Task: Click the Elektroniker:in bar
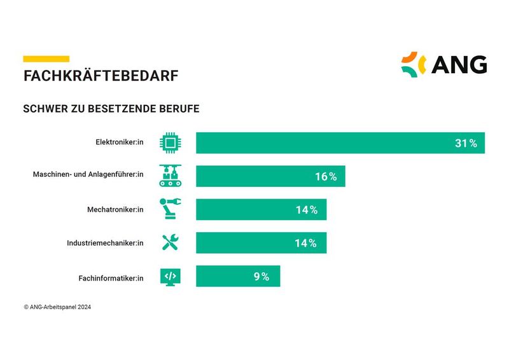click(340, 143)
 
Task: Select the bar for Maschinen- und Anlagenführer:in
click(270, 176)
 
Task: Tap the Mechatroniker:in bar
click(261, 209)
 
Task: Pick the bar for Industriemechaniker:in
click(261, 243)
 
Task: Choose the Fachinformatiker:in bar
click(237, 276)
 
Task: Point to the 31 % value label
click(466, 143)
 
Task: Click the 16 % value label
click(326, 176)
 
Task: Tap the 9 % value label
click(261, 276)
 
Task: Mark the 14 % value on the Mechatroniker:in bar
click(307, 209)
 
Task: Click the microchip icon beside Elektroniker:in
click(170, 143)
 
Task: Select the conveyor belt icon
click(170, 176)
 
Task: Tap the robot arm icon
click(170, 209)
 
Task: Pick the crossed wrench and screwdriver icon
click(170, 243)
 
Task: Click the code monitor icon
click(170, 276)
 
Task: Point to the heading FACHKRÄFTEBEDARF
click(101, 76)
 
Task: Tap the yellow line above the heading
click(46, 59)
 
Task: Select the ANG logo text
click(459, 64)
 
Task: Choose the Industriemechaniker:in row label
click(106, 243)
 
